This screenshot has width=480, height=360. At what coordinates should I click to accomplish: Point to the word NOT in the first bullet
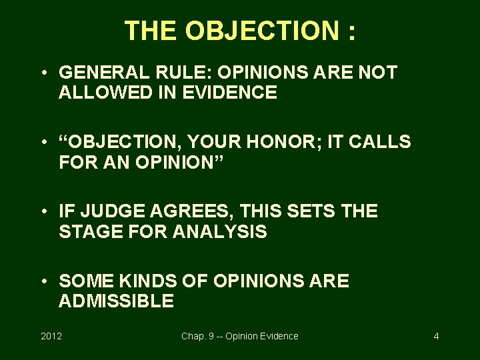click(x=378, y=73)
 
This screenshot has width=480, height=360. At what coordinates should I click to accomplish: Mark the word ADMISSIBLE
click(x=116, y=301)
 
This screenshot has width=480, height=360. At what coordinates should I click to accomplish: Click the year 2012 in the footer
click(x=51, y=336)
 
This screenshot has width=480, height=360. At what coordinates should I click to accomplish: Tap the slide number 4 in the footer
click(x=436, y=336)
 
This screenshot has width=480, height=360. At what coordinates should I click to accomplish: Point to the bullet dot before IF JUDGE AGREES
click(x=43, y=212)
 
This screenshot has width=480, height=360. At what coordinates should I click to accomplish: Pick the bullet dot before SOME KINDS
click(x=43, y=281)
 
